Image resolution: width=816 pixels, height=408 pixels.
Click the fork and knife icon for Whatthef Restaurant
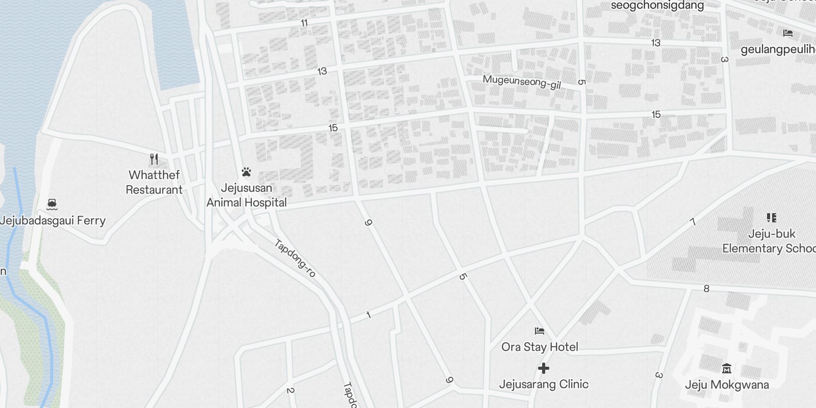pos(154,159)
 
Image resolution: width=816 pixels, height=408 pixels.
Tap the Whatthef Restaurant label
pos(154,182)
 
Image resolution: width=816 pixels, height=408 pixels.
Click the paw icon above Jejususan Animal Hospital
pos(247,172)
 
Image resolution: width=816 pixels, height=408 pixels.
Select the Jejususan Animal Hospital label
pos(247,195)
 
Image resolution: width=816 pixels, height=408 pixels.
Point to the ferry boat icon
pos(52,205)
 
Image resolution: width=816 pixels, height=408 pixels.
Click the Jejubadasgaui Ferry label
pos(53,220)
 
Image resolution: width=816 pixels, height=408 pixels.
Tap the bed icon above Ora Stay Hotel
pos(540,331)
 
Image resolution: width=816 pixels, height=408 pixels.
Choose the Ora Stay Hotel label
pos(540,347)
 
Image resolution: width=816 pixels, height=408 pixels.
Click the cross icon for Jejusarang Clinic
pos(544,368)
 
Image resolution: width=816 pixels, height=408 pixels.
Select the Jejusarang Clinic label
pos(544,384)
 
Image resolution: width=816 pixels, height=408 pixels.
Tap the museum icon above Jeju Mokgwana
pos(727,368)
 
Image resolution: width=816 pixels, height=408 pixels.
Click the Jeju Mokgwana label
pos(727,385)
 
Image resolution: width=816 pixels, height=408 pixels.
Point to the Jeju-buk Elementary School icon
pos(771,218)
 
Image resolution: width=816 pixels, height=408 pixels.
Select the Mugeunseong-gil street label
pos(522,82)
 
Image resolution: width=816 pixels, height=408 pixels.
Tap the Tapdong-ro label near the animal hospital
pos(295,258)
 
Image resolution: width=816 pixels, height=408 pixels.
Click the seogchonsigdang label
pos(657,6)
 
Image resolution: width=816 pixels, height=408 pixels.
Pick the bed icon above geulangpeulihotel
pos(788,34)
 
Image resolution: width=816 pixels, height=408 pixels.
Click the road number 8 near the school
pos(706,289)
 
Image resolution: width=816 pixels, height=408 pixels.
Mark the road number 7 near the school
pos(693,222)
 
